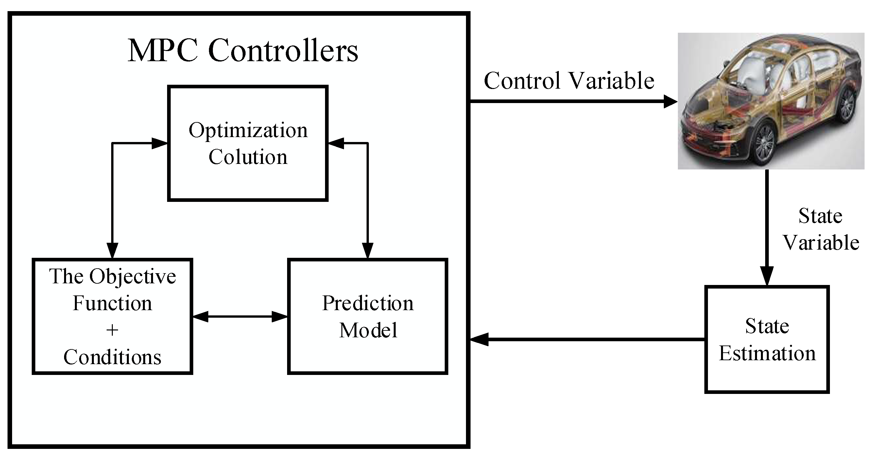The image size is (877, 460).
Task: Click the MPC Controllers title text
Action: (x=243, y=50)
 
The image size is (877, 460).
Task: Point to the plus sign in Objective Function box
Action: (x=112, y=330)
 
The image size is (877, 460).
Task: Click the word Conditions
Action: (x=112, y=357)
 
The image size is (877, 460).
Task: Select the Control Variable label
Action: (x=569, y=81)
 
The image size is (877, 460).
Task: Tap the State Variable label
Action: (x=820, y=229)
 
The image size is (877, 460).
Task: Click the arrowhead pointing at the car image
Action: (x=670, y=101)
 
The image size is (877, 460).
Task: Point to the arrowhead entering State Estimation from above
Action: (x=767, y=276)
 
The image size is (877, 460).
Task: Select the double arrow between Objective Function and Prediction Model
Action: (x=240, y=317)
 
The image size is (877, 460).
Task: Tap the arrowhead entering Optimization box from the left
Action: (x=159, y=143)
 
